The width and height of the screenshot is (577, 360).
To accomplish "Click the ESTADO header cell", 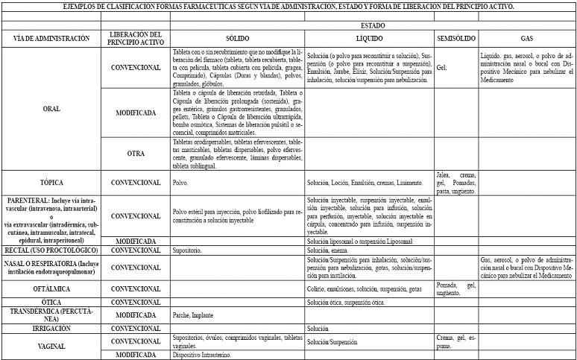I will tap(372, 25).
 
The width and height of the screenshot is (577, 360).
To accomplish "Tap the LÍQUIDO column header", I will tap(369, 38).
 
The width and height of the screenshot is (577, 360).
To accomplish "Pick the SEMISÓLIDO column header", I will tap(455, 38).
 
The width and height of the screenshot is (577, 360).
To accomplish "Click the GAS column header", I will tap(526, 38).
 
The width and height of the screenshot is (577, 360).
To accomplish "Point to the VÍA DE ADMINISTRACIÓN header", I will tap(52, 38).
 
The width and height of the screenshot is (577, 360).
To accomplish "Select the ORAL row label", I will tap(52, 108).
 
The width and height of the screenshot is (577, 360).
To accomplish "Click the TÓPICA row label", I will tap(52, 182).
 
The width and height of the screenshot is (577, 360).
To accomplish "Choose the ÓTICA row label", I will tap(52, 302).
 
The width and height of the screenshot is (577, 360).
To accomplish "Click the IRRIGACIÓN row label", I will tap(52, 328).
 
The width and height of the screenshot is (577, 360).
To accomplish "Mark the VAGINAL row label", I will tap(52, 346).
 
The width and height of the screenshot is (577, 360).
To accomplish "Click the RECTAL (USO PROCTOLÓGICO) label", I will tap(52, 250).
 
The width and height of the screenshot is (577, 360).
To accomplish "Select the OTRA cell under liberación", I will tap(135, 154).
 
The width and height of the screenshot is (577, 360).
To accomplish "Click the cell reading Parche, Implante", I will tap(192, 315).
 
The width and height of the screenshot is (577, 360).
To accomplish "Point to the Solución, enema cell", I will tap(329, 251).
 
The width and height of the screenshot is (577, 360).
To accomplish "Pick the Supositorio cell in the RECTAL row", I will tap(187, 251).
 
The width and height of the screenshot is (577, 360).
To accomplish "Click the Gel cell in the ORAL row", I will tap(441, 67).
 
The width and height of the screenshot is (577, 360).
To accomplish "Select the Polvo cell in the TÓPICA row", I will tap(181, 182).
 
